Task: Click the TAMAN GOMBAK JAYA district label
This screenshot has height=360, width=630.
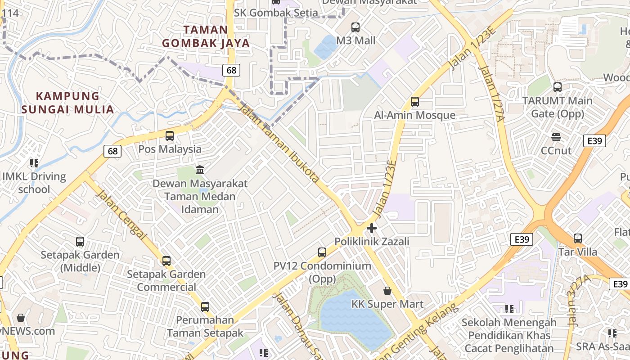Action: tap(206, 36)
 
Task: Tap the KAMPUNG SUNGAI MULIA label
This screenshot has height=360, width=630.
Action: tap(67, 103)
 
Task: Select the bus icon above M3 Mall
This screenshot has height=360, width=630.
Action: tap(355, 27)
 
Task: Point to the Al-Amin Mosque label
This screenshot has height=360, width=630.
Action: tap(415, 115)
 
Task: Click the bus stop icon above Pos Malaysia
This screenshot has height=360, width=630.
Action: tap(170, 135)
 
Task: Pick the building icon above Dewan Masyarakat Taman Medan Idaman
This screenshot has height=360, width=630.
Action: tap(200, 170)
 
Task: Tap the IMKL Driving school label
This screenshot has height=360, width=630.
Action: tap(34, 183)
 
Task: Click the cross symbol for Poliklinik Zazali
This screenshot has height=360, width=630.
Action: tap(372, 228)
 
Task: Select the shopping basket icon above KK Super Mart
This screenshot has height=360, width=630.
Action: tap(387, 291)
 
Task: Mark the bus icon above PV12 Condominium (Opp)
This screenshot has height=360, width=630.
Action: tap(322, 252)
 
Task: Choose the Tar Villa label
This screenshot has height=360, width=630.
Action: tap(578, 252)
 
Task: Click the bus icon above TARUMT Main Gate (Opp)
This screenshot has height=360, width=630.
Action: tap(558, 87)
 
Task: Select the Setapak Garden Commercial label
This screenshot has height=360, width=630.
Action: tap(166, 280)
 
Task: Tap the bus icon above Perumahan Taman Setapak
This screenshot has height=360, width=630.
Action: tap(205, 307)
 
